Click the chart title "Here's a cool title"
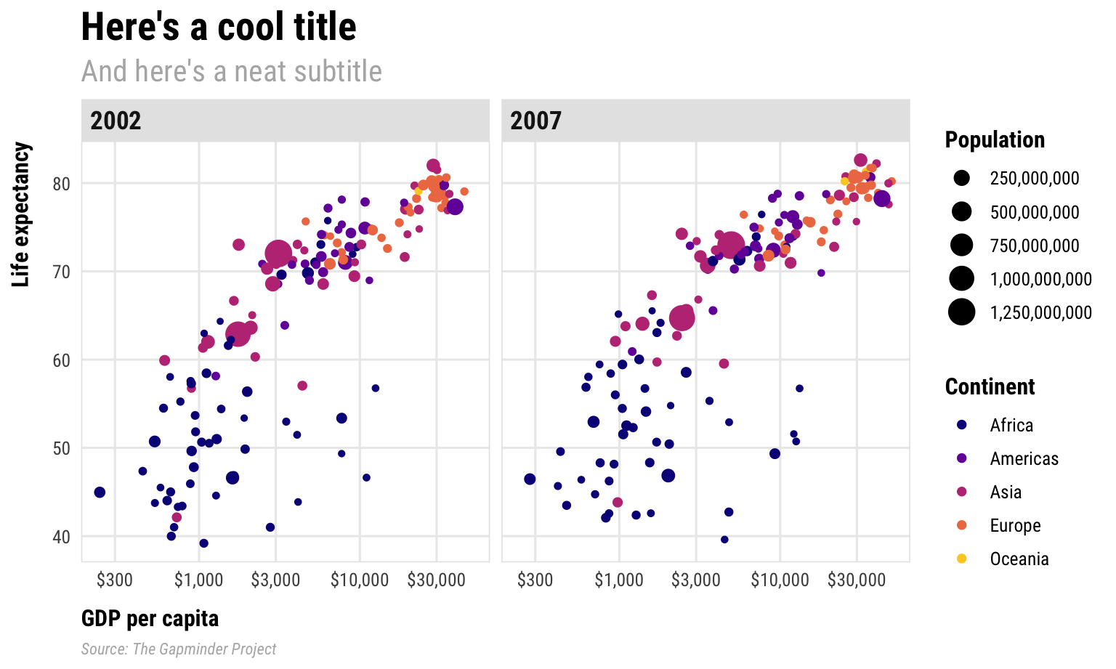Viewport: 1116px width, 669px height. click(x=218, y=28)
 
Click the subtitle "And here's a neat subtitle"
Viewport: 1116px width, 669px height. click(x=231, y=71)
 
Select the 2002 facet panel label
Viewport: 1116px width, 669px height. click(x=116, y=121)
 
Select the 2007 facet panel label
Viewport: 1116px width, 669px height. click(x=535, y=121)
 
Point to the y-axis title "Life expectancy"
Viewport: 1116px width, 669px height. click(x=22, y=215)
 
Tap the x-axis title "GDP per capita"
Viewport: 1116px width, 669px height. click(x=150, y=618)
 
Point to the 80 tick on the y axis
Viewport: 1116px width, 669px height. click(x=61, y=184)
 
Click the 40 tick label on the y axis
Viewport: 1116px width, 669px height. click(x=61, y=537)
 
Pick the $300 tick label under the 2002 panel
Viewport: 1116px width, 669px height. click(x=115, y=580)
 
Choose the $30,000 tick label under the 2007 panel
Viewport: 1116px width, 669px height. click(x=857, y=580)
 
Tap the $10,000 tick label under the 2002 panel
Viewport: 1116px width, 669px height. click(x=360, y=580)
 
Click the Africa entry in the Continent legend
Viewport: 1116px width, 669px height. click(x=1011, y=425)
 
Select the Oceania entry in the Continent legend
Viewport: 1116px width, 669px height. click(x=1019, y=559)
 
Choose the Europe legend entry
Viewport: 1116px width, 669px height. click(x=1015, y=525)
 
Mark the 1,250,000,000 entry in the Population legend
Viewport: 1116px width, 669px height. click(x=1040, y=312)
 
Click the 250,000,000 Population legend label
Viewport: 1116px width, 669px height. click(x=1034, y=178)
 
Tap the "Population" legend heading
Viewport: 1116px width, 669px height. click(x=995, y=139)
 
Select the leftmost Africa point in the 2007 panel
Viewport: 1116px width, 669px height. click(x=530, y=479)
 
